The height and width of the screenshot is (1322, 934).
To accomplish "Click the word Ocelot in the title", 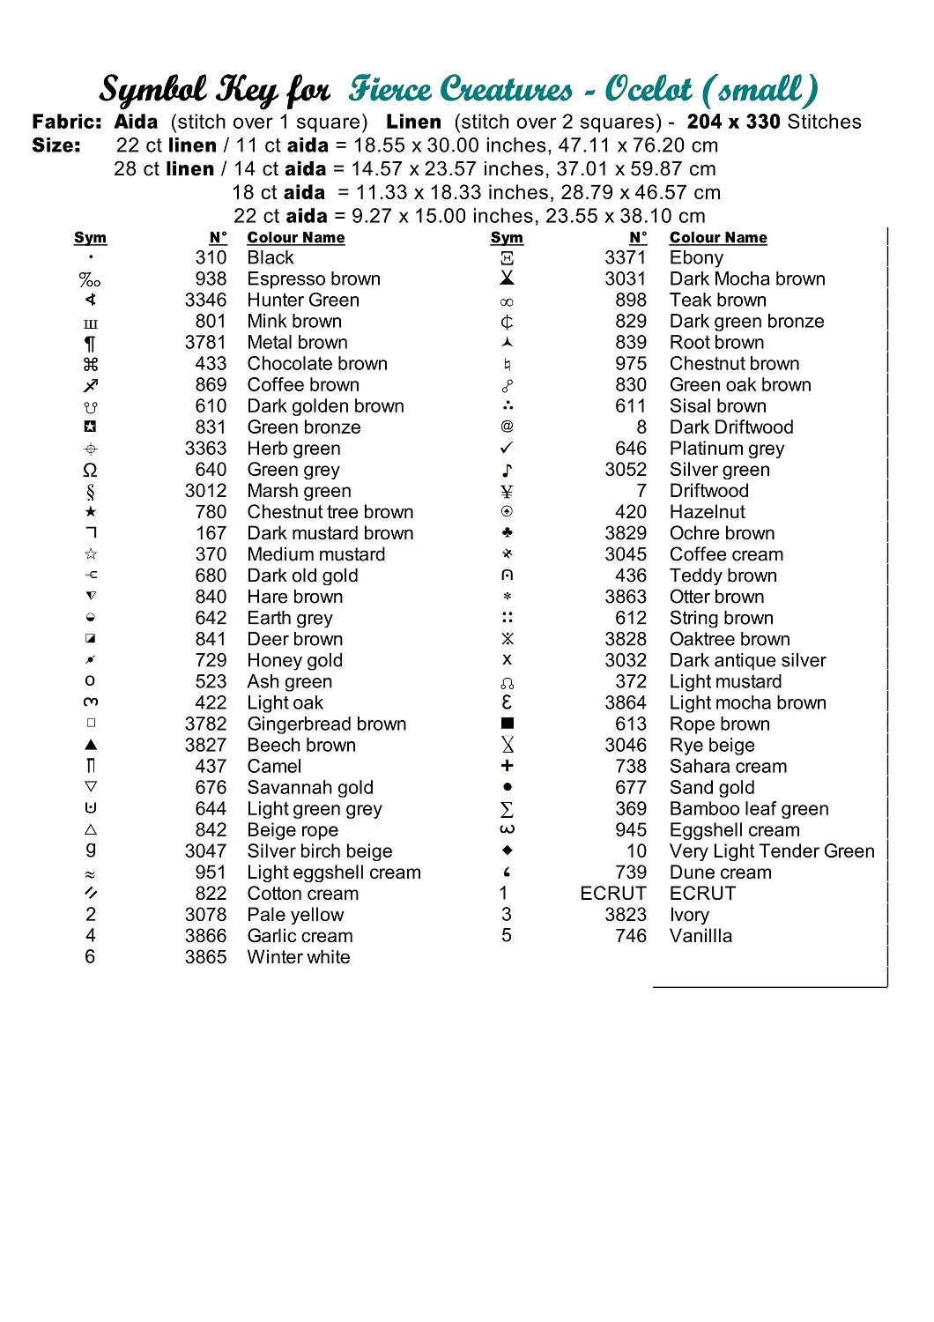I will point(649,89).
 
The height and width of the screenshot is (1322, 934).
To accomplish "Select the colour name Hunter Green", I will point(303,301).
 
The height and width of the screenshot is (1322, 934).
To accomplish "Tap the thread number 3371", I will point(625,258).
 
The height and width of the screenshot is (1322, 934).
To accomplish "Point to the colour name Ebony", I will point(696,258).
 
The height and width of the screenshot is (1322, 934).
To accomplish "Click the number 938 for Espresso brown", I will point(211,279).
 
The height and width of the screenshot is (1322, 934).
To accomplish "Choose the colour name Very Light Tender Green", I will point(772,851).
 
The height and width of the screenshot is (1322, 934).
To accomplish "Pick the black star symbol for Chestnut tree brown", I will point(91,512).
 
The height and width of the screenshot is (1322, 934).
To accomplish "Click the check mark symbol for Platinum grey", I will point(507,449).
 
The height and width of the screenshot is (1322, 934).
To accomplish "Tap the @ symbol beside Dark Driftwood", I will point(507,427).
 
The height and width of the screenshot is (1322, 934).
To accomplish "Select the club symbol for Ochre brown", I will point(507,533).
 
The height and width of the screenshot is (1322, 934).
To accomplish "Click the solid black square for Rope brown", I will point(507,724).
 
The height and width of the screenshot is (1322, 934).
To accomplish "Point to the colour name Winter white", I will point(299,957).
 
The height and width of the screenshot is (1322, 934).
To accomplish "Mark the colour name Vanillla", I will point(700,936).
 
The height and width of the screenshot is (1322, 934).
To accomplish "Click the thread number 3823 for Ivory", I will point(625,915).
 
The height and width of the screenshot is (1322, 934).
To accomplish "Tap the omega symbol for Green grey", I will point(90,470).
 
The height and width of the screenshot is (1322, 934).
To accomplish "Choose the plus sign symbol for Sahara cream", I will point(507,766).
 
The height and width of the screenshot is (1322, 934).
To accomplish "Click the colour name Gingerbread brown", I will point(327,724).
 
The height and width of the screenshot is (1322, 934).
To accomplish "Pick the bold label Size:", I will point(56,145).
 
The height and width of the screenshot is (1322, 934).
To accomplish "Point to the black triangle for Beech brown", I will point(91,745).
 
